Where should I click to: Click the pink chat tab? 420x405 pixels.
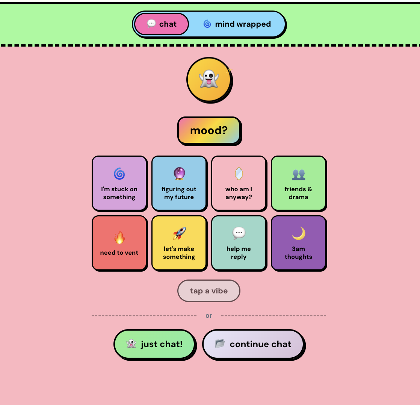pyautogui.click(x=162, y=24)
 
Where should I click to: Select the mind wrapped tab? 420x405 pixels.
pyautogui.click(x=237, y=24)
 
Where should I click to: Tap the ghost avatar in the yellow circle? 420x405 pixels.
pyautogui.click(x=209, y=79)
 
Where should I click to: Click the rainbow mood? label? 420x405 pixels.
pyautogui.click(x=209, y=130)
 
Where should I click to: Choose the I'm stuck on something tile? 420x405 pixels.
pyautogui.click(x=119, y=183)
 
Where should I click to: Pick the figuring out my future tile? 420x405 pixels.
pyautogui.click(x=179, y=183)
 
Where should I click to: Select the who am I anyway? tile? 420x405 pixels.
pyautogui.click(x=239, y=183)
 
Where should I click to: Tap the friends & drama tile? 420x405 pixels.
pyautogui.click(x=298, y=183)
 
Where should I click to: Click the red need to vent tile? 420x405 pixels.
pyautogui.click(x=119, y=243)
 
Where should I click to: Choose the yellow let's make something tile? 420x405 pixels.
pyautogui.click(x=179, y=243)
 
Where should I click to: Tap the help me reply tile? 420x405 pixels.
pyautogui.click(x=239, y=243)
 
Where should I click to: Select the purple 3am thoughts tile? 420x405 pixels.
pyautogui.click(x=298, y=243)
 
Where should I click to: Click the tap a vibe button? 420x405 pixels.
pyautogui.click(x=209, y=291)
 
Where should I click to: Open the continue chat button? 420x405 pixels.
pyautogui.click(x=253, y=344)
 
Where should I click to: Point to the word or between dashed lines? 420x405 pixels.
pyautogui.click(x=209, y=316)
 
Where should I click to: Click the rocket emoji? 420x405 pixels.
pyautogui.click(x=179, y=234)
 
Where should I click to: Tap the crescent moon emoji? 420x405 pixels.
pyautogui.click(x=299, y=234)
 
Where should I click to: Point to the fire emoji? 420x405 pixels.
pyautogui.click(x=119, y=237)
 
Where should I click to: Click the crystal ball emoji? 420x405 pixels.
pyautogui.click(x=179, y=174)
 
